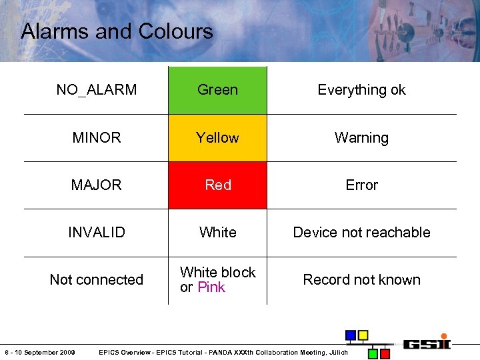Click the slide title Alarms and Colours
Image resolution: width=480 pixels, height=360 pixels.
coord(117,31)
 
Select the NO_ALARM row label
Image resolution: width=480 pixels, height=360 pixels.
coord(97,90)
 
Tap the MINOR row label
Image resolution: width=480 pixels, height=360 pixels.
coord(97,138)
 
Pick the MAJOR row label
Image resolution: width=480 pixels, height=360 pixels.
coord(97,185)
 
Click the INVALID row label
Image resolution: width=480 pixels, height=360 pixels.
coord(97,233)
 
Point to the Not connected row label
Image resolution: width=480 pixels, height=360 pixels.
coord(97,280)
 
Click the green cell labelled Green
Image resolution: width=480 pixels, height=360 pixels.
coord(217,90)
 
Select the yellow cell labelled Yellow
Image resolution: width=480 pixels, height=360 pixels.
coord(217,138)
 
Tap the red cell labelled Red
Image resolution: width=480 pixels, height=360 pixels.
coord(217,185)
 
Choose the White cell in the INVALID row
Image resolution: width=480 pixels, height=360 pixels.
coord(217,233)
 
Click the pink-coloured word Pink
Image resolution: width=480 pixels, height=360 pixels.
coord(211,287)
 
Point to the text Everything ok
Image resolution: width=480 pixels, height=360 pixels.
coord(361,90)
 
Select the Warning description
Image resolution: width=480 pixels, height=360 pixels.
coord(361,138)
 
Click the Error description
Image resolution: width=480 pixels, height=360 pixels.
coord(361,185)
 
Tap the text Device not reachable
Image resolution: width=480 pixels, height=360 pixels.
coord(361,233)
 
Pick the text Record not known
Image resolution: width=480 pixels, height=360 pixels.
coord(361,280)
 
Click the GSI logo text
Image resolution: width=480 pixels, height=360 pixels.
coord(427,344)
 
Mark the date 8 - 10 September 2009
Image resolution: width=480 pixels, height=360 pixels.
coord(39,352)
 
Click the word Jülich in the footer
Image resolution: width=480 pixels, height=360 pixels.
coord(337,352)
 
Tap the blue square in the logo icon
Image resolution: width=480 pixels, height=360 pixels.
coord(350,335)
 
